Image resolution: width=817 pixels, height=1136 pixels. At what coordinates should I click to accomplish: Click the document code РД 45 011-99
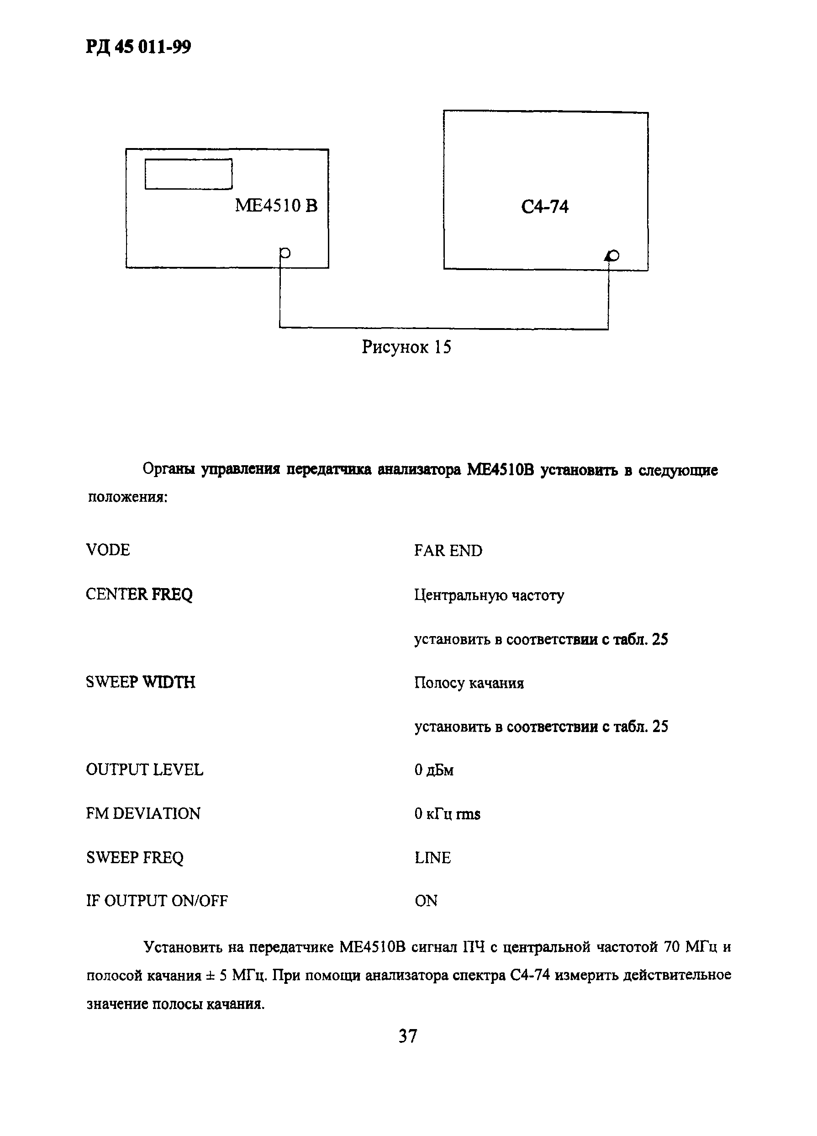click(138, 48)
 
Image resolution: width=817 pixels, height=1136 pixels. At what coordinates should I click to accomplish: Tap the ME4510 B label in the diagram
click(276, 206)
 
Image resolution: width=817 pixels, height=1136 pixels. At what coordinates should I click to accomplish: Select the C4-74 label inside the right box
click(545, 207)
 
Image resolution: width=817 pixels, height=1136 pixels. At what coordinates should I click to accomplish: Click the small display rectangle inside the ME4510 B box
click(188, 174)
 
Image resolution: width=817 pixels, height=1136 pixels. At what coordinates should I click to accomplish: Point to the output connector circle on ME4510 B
click(285, 253)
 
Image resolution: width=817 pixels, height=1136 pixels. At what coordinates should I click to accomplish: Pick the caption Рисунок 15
click(406, 347)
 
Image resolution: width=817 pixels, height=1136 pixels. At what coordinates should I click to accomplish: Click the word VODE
click(108, 550)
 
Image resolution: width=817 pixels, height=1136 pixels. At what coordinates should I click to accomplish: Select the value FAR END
click(448, 551)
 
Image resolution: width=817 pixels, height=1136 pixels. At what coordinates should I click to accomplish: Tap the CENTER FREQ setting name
click(139, 595)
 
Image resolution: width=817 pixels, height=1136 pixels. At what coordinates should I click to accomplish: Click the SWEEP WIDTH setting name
click(140, 682)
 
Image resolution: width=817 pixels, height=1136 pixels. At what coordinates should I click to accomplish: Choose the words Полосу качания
click(469, 683)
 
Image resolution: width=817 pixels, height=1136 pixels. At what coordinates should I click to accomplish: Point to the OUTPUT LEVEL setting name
click(144, 770)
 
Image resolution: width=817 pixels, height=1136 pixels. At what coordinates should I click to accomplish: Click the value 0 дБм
click(433, 770)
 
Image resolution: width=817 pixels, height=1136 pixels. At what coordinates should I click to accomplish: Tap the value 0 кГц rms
click(447, 814)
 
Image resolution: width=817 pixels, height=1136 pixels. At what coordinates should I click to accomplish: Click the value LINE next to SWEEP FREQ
click(432, 858)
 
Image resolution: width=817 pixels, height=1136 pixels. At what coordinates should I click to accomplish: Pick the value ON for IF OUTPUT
click(426, 901)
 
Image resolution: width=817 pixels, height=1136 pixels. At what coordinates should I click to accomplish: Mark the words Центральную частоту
click(489, 595)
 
